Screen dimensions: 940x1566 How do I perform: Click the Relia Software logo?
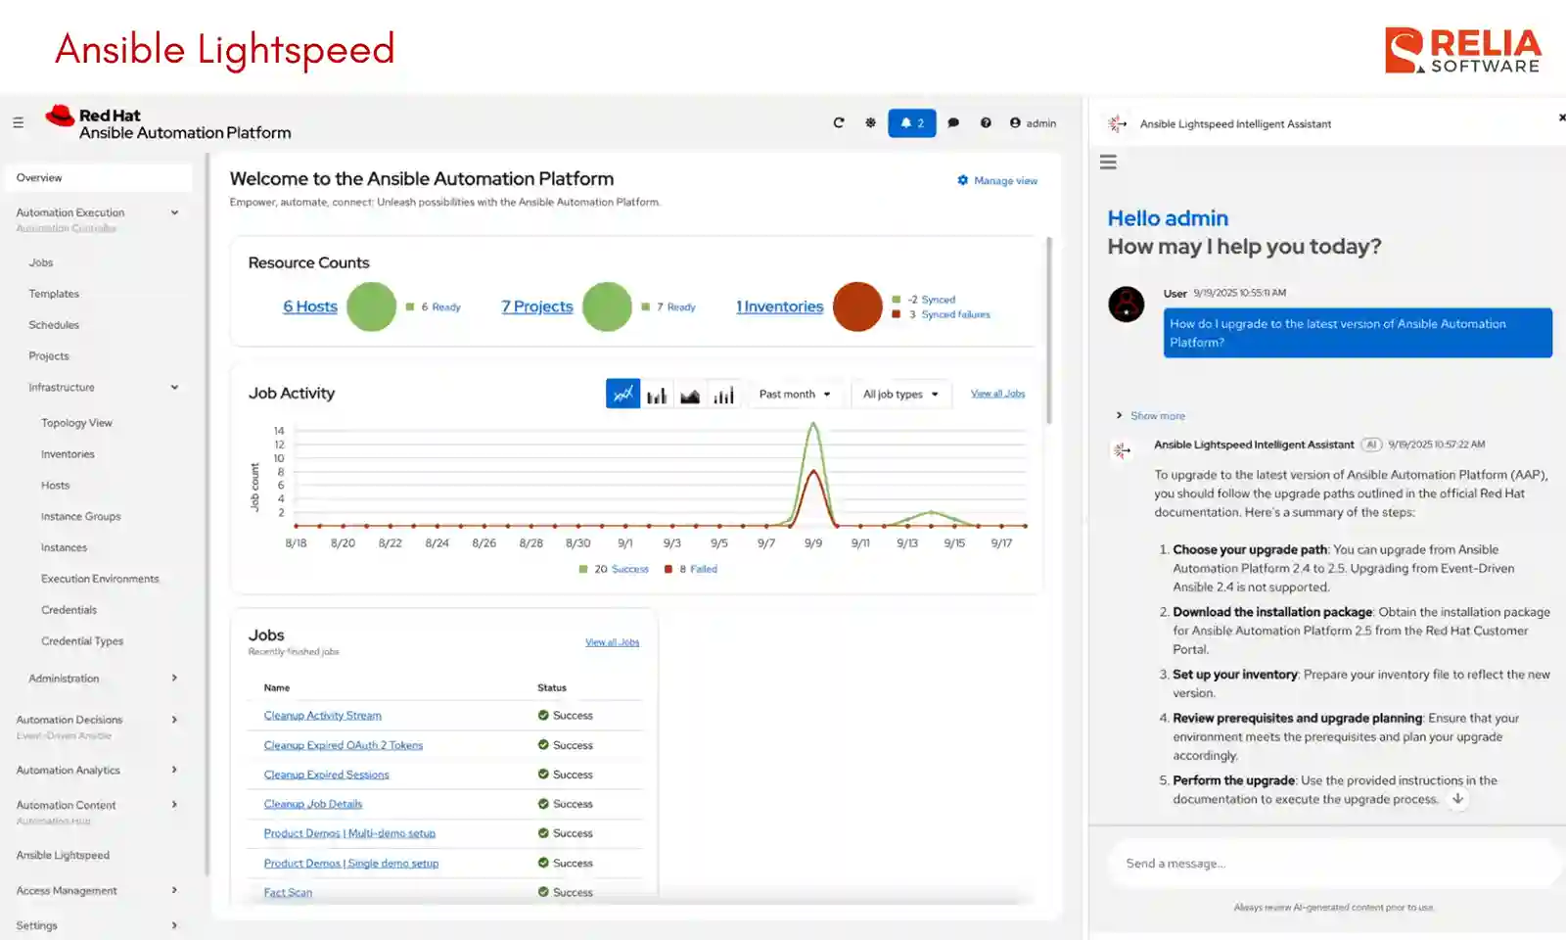tap(1462, 50)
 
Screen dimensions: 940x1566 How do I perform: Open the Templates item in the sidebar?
tap(54, 294)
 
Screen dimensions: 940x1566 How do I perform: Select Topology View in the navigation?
tap(76, 423)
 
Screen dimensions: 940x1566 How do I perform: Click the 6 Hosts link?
tap(310, 306)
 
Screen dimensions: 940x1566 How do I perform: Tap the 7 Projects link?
tap(537, 306)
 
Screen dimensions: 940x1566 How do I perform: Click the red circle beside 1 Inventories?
tap(857, 306)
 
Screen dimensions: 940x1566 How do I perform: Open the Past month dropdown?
tap(795, 394)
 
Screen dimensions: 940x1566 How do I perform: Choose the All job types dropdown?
tap(900, 394)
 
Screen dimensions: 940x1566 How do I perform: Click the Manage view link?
tap(997, 181)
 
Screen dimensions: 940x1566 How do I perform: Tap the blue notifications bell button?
tap(911, 123)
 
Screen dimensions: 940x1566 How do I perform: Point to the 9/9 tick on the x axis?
tap(813, 542)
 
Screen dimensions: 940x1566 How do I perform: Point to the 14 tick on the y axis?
tap(279, 431)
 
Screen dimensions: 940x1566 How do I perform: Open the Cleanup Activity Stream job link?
tap(322, 716)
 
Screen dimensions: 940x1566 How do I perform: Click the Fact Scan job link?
tap(288, 892)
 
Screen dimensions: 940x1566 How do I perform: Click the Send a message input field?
tap(1331, 864)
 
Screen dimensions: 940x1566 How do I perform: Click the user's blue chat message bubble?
tap(1357, 333)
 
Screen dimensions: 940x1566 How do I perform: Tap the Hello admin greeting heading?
tap(1168, 218)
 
